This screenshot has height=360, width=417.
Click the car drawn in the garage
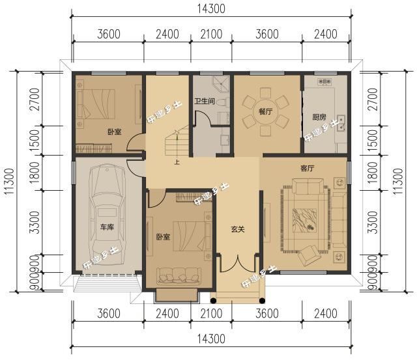coord(107,215)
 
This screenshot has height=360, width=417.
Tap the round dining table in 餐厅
coord(266,111)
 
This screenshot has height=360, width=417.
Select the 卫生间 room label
coord(204,101)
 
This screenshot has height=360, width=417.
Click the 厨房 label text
coord(319,117)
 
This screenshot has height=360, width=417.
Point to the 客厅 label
coord(308,168)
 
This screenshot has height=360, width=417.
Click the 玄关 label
coord(238,229)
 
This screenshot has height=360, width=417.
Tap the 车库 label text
coord(107,227)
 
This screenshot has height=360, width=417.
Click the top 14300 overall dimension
coord(211,8)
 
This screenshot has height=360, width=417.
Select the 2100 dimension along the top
coord(211,34)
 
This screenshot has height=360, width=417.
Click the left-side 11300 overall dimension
coord(9,181)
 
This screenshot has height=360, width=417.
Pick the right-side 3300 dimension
coord(372,223)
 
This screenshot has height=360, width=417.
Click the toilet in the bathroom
coord(223,102)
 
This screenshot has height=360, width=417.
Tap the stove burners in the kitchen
coord(324,81)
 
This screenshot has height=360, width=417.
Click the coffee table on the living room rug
coord(305,220)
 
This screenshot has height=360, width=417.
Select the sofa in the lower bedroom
coord(179,276)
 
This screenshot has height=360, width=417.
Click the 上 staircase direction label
coord(177,162)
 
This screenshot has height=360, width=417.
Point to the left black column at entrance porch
coord(213,301)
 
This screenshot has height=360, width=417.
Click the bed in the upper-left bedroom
coord(96,104)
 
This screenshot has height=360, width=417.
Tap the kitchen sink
coord(341,124)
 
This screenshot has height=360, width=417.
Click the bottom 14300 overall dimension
coord(211,339)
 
